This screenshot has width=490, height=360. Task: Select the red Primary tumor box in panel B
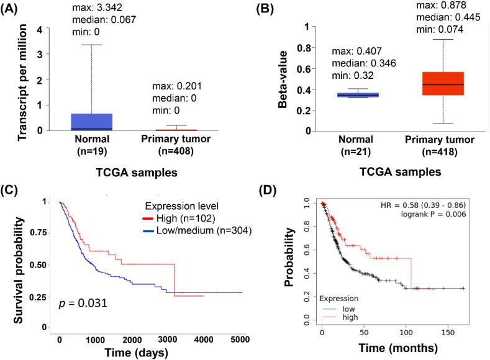(442, 83)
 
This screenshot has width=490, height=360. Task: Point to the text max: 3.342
(104, 7)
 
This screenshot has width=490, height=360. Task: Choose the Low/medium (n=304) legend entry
(193, 243)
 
